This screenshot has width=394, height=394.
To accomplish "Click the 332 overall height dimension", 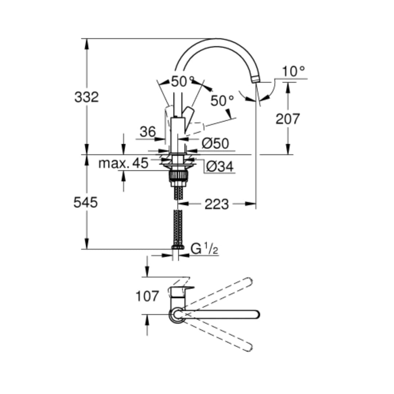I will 86,97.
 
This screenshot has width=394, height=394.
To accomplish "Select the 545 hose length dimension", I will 86,202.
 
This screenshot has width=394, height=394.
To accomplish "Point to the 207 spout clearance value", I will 287,119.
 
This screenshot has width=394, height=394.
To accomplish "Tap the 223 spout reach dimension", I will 216,204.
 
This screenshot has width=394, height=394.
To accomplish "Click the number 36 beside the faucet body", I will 148,132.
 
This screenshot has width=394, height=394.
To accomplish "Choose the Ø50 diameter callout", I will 215,144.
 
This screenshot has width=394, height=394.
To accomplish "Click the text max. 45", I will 123,163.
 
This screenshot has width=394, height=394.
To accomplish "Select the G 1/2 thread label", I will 205,249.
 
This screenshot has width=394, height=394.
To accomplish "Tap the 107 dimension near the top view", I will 147,296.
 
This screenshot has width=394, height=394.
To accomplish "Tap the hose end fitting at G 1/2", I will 178,247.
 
